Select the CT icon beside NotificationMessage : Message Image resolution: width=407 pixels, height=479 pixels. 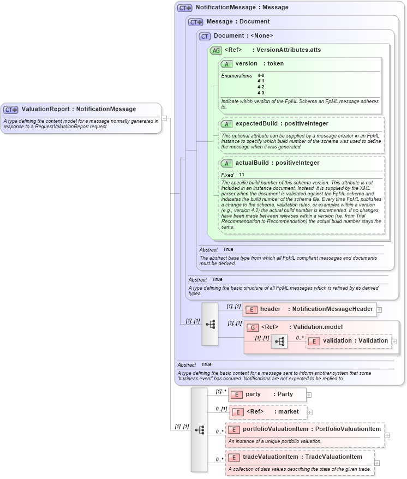(185, 8)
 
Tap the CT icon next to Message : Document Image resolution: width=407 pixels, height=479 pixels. (196, 22)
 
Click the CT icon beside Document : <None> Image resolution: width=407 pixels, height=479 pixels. (205, 36)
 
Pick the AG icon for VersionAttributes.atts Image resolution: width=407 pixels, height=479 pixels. (216, 50)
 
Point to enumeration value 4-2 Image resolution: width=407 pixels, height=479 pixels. (261, 87)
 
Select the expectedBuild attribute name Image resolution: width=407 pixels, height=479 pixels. (255, 124)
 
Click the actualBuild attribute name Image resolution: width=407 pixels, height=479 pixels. (254, 163)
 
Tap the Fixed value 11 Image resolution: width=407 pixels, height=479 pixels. (241, 175)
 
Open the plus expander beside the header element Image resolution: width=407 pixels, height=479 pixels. (379, 309)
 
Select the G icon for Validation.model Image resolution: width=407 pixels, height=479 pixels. (253, 327)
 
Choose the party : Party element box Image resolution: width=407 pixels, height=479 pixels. (267, 394)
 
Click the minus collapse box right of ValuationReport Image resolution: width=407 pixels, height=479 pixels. (164, 118)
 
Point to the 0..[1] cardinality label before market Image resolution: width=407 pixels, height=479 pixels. (220, 409)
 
